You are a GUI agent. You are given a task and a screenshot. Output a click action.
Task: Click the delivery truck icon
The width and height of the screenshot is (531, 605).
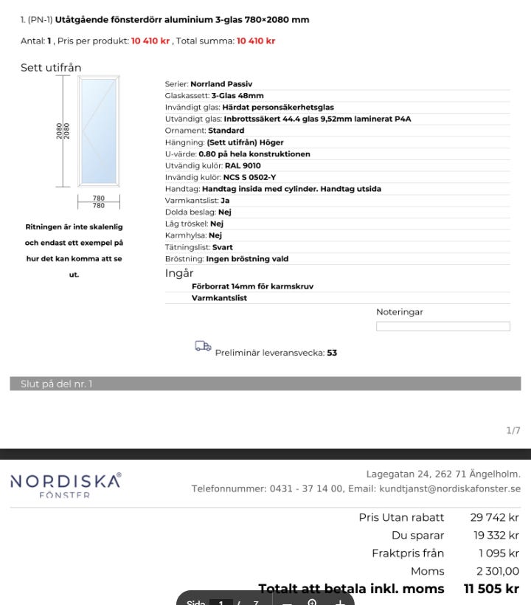(x=203, y=346)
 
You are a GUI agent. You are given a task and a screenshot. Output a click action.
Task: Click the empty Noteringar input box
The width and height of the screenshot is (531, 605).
(x=442, y=326)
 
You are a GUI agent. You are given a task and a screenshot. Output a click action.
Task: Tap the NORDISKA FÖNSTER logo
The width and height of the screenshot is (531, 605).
(x=66, y=485)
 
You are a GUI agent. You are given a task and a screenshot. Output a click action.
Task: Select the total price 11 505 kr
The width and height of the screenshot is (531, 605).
(x=491, y=589)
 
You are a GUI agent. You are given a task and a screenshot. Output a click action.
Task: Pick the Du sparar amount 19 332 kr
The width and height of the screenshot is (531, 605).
(x=496, y=536)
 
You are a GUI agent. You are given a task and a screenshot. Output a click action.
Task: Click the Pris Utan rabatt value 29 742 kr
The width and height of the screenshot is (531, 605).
(x=494, y=518)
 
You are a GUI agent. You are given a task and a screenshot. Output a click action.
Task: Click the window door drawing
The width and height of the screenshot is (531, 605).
(x=98, y=131)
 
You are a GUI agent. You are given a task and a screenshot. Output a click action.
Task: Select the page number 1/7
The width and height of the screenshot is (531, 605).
(x=513, y=431)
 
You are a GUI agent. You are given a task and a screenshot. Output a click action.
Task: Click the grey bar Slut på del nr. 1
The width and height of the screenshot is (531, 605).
(x=265, y=384)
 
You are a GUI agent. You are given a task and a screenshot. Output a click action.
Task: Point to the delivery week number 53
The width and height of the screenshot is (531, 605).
(x=332, y=353)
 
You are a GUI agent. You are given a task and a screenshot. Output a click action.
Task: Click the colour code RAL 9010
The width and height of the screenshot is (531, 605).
(x=242, y=166)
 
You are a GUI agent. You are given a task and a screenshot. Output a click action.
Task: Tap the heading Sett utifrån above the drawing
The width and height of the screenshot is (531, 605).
(x=51, y=68)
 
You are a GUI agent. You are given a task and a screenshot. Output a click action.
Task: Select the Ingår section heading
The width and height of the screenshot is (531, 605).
(x=179, y=273)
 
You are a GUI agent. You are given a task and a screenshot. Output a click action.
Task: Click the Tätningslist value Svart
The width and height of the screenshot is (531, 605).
(x=222, y=247)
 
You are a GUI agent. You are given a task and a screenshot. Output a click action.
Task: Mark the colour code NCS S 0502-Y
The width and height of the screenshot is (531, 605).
(x=249, y=177)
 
